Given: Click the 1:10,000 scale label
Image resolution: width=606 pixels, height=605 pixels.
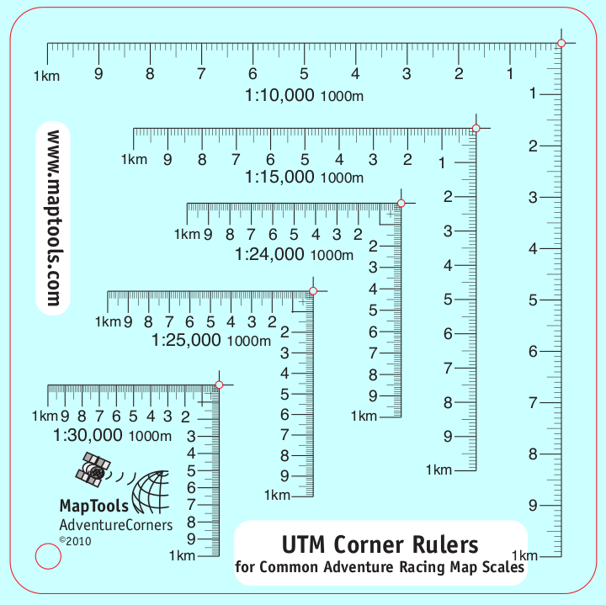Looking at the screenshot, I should pos(279,95).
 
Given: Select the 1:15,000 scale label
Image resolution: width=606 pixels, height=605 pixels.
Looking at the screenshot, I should pos(279,178).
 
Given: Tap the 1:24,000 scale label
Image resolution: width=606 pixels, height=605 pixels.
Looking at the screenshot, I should pos(268,254).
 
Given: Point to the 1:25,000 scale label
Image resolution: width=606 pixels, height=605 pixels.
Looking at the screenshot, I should pos(186,340).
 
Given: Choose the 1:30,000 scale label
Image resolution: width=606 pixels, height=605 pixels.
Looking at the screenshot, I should pos(88,435).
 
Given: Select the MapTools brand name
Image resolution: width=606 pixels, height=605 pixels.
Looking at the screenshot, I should pos(94,506).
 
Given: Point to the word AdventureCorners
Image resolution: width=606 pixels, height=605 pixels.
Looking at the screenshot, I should pos(115,525).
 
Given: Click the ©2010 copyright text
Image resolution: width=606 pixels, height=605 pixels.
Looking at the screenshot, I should pos(74,541).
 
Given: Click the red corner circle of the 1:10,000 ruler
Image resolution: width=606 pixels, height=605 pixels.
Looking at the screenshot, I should pos(561,43).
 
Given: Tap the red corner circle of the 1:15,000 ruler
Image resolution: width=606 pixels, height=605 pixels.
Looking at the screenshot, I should pos(476,128).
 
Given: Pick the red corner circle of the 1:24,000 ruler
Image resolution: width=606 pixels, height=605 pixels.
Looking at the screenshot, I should pos(401,203).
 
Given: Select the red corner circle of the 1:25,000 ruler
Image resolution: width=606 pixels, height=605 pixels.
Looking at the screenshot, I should pos(313,291).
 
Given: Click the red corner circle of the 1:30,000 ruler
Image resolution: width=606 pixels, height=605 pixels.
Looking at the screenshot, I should pos(219,385).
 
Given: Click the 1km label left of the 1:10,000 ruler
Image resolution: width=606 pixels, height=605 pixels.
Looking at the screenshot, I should pos(45,76).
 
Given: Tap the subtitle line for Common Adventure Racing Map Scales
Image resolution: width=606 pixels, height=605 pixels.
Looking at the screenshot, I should pos(380,567).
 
